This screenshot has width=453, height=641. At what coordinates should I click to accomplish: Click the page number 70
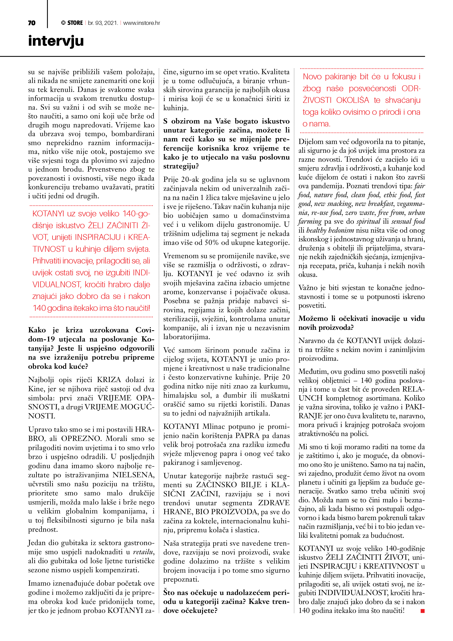click(32, 23)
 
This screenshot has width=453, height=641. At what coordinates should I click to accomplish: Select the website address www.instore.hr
click(142, 23)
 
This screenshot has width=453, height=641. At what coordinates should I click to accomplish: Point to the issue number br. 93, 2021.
click(103, 23)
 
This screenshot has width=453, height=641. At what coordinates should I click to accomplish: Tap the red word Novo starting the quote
click(312, 77)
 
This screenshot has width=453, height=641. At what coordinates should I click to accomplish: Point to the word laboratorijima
click(186, 337)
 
